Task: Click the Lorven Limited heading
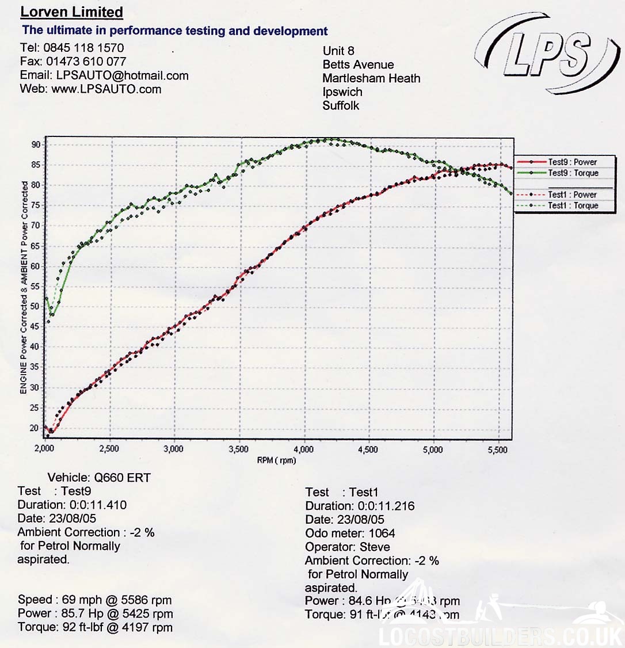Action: coord(71,12)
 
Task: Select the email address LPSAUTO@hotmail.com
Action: coord(122,75)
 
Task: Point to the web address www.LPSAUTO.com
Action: coord(106,89)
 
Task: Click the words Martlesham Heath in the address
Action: coord(371,78)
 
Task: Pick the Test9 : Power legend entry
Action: coord(572,162)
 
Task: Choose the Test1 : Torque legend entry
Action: coord(573,205)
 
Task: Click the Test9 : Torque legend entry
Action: coord(573,173)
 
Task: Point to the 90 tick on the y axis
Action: coord(36,144)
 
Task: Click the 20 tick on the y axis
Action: coord(36,428)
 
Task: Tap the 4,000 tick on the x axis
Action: coord(303,449)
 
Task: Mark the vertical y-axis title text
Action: coord(24,288)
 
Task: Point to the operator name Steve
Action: coord(374,547)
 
